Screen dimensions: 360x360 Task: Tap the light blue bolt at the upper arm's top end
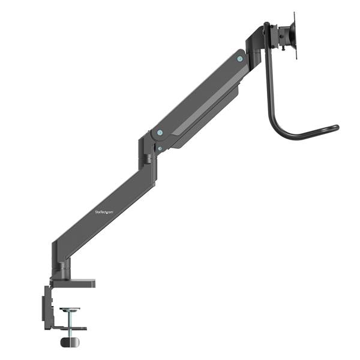pos(241,59)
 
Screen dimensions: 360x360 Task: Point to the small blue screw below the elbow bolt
pos(159,148)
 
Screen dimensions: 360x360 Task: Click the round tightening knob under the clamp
pos(70,342)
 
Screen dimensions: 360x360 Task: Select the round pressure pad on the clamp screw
pos(70,310)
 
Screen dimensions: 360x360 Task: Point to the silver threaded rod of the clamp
pos(70,320)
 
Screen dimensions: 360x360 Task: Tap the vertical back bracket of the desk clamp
pos(47,307)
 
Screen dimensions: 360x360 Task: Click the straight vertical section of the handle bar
pos(266,84)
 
